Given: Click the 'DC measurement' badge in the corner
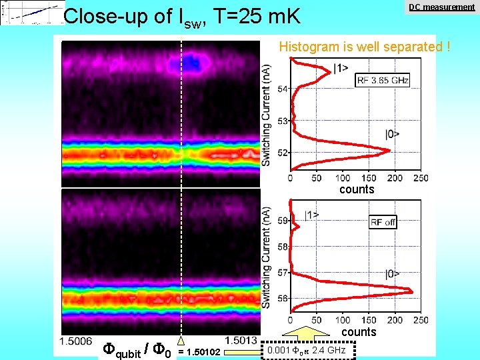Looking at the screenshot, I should coord(441,7).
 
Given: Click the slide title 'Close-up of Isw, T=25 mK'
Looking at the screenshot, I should coord(181,16).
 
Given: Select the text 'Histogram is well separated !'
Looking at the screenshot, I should coord(365,47).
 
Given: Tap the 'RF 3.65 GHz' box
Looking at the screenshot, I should coord(383,80).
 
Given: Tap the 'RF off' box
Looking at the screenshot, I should coord(383,223).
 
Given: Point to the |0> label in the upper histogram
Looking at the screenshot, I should coord(393,134).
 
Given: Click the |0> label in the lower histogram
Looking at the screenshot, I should coord(393,273).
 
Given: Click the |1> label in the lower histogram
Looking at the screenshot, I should coord(311,215).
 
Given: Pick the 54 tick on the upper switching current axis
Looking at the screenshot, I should coord(283,89).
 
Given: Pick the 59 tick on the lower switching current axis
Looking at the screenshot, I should coord(283,221).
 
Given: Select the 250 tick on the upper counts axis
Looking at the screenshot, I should coord(420,178).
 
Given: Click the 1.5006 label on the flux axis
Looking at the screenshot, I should coord(75,341).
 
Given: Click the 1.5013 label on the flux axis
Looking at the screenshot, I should coord(241,341).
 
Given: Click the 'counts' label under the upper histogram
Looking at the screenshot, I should coord(357,189).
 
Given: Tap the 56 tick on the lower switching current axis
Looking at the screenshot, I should coord(283,298).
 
